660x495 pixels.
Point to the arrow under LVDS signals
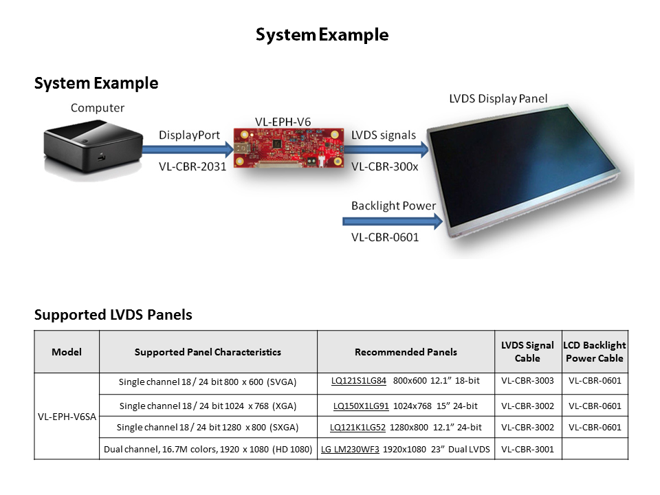(x=389, y=150)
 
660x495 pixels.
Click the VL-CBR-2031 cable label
(x=192, y=166)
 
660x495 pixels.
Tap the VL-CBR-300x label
(x=384, y=166)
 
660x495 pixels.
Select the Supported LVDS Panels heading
(x=113, y=315)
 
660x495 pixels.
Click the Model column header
(x=67, y=352)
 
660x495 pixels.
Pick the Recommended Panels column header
(x=406, y=352)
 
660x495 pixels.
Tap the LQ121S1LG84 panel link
(x=359, y=380)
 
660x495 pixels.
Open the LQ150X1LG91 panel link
(x=361, y=406)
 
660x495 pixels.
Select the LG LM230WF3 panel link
(x=350, y=449)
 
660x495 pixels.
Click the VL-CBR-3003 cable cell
(x=527, y=380)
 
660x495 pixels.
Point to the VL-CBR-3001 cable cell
(x=527, y=449)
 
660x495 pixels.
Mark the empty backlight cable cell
(x=595, y=449)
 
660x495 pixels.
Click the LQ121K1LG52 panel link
(x=357, y=428)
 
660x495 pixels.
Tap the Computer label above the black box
(x=98, y=108)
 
